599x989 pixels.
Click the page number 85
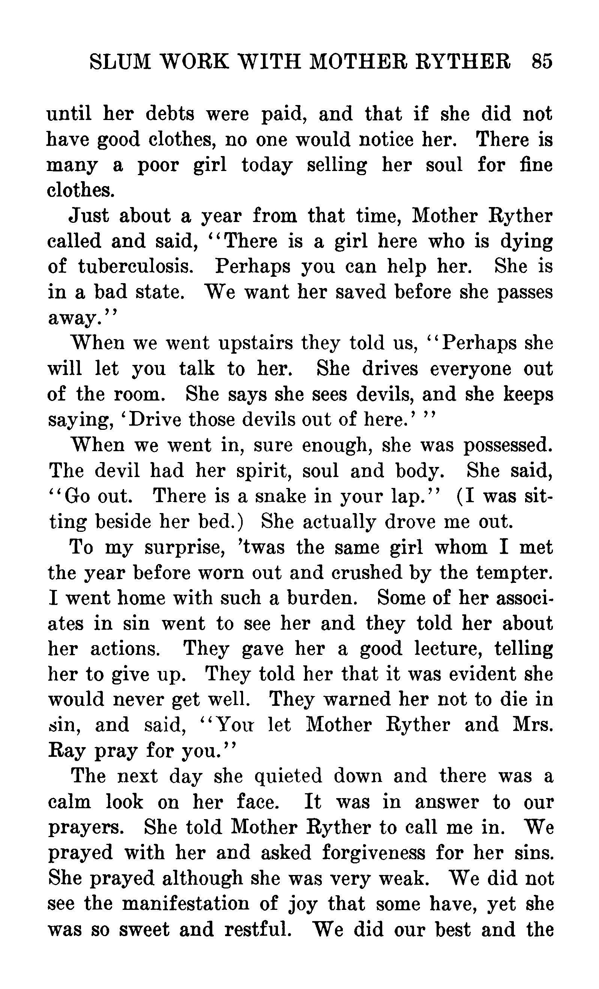[542, 62]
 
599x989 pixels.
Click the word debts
[170, 114]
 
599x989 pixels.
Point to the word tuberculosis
[135, 267]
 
